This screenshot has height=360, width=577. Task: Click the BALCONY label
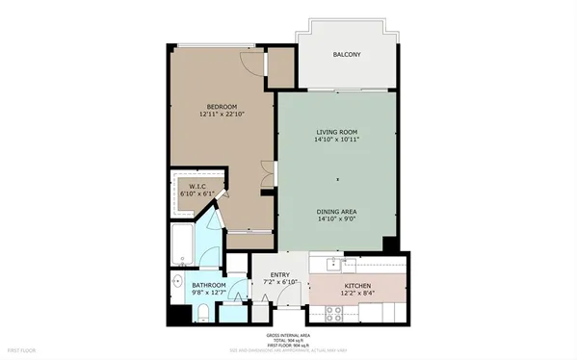347,54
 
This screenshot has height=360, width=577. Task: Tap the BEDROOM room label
222,106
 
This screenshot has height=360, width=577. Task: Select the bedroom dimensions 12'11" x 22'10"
222,116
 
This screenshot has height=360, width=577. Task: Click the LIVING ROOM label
336,131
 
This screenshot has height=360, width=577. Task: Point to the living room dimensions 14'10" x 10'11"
336,141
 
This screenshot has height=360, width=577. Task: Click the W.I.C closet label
197,186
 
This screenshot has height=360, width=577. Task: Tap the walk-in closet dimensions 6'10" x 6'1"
197,194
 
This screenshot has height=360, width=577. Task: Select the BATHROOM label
208,286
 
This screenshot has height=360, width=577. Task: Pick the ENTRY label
280,276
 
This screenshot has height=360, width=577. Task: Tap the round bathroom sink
178,282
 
